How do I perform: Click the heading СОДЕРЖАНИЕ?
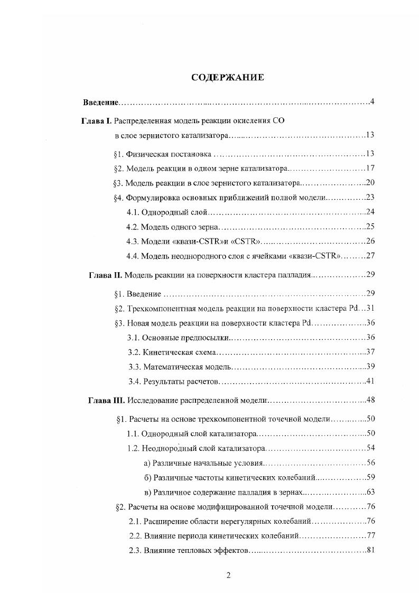click(x=227, y=78)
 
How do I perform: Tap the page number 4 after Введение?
click(x=373, y=101)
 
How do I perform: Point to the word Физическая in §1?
click(x=145, y=154)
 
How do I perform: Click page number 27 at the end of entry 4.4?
click(x=370, y=256)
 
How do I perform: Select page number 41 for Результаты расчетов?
click(x=370, y=381)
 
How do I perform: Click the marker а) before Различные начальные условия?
click(x=147, y=463)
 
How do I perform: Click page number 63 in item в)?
click(x=370, y=492)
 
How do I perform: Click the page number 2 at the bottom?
click(x=228, y=576)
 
